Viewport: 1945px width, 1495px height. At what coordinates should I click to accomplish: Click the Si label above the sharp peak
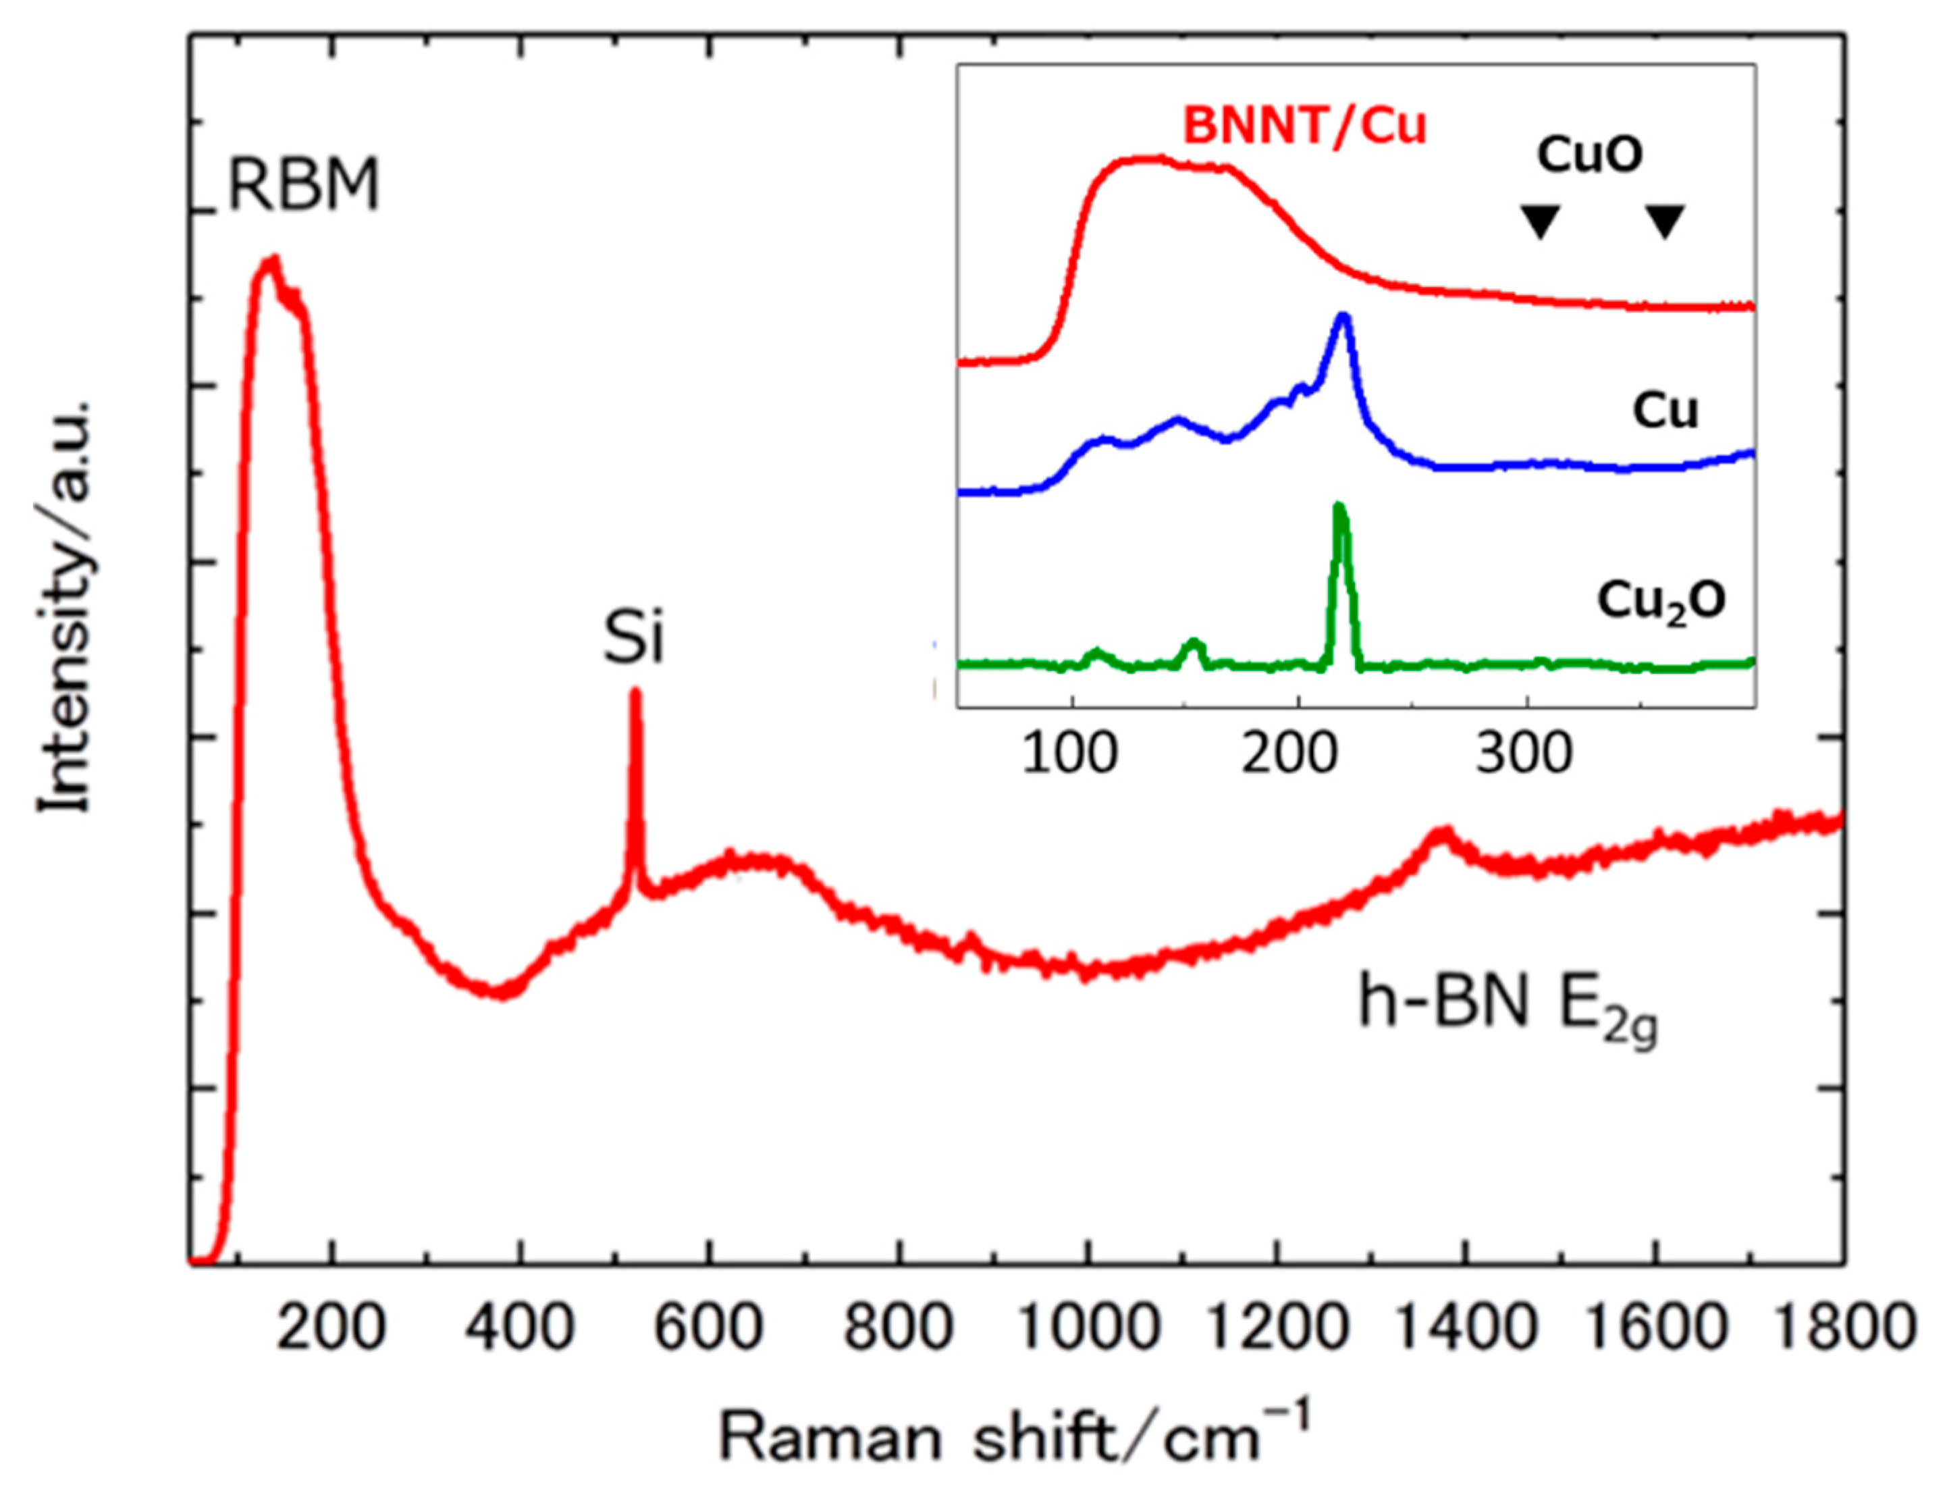tap(633, 639)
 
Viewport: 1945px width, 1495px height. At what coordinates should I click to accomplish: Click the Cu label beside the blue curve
tap(1665, 411)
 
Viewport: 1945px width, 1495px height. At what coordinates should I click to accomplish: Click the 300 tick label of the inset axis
tap(1525, 755)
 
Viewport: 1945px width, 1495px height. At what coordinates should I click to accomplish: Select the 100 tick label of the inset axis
tap(1069, 755)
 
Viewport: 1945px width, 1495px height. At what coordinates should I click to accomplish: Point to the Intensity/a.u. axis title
tap(64, 605)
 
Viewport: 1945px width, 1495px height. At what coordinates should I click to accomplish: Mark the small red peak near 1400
tap(1441, 837)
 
